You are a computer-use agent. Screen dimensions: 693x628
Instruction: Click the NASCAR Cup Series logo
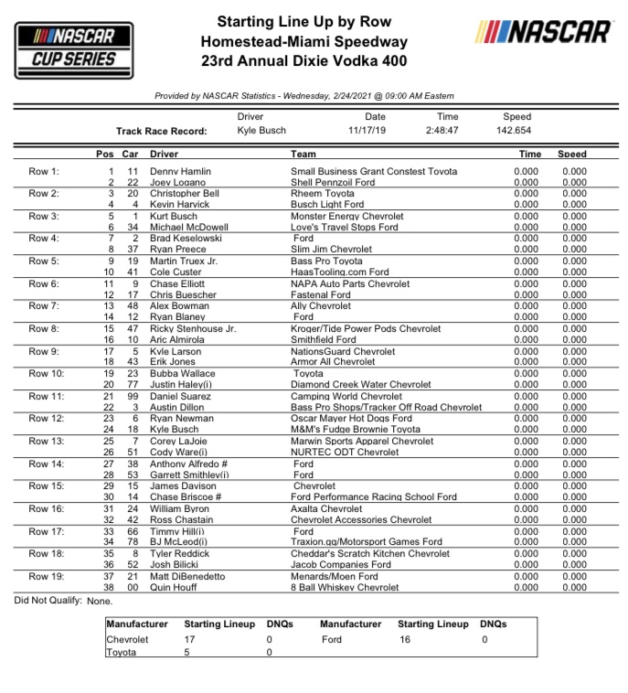coord(74,49)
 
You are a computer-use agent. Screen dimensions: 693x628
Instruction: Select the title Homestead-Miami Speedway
coord(304,42)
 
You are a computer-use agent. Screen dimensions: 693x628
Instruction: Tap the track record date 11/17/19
coord(376,131)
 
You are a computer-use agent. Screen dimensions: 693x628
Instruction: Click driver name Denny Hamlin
coord(180,171)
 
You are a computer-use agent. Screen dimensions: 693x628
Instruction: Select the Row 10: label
coord(46,373)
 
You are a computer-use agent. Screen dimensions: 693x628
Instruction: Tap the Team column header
coord(303,154)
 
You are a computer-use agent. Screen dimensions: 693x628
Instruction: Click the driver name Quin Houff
coord(174,588)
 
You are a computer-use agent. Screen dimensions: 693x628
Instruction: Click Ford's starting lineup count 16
coord(405,640)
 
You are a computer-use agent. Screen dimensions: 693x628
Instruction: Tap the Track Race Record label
coord(161,131)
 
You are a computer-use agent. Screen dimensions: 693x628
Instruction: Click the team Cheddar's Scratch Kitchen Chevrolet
coord(370,553)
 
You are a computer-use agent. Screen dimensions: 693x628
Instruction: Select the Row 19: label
coord(46,576)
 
